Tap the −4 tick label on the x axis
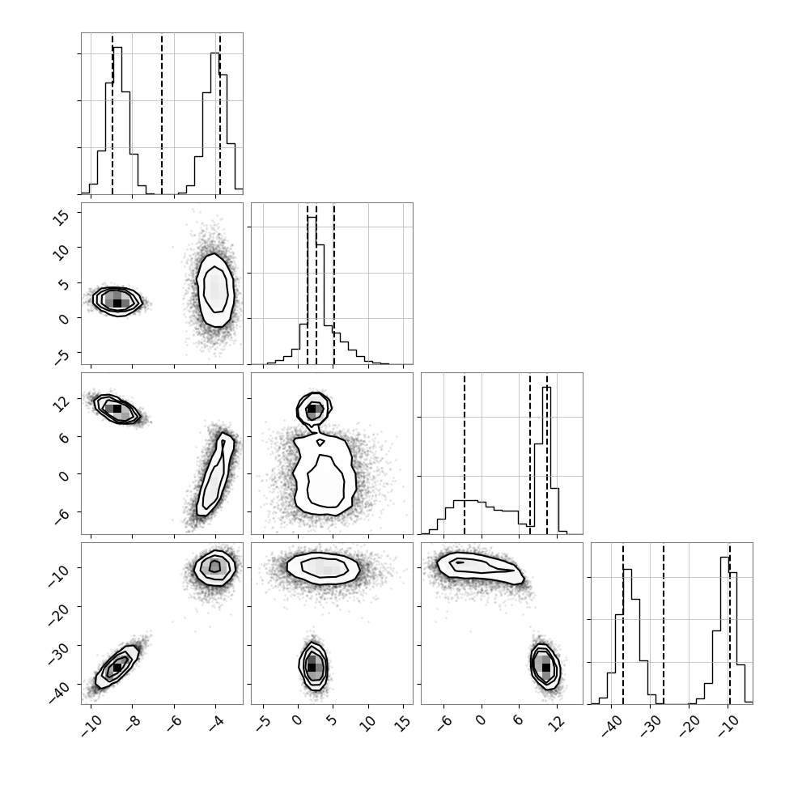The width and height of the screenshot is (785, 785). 215,723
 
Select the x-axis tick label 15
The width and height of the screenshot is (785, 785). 401,722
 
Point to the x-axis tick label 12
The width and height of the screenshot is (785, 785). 556,722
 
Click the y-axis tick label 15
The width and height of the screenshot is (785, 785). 61,217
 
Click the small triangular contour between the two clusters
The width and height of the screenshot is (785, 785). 320,443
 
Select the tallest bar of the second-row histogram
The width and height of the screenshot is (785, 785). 312,291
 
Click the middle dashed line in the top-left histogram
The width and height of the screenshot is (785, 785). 162,113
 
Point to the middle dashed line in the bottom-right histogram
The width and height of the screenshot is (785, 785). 664,623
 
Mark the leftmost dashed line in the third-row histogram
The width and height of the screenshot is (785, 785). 465,453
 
